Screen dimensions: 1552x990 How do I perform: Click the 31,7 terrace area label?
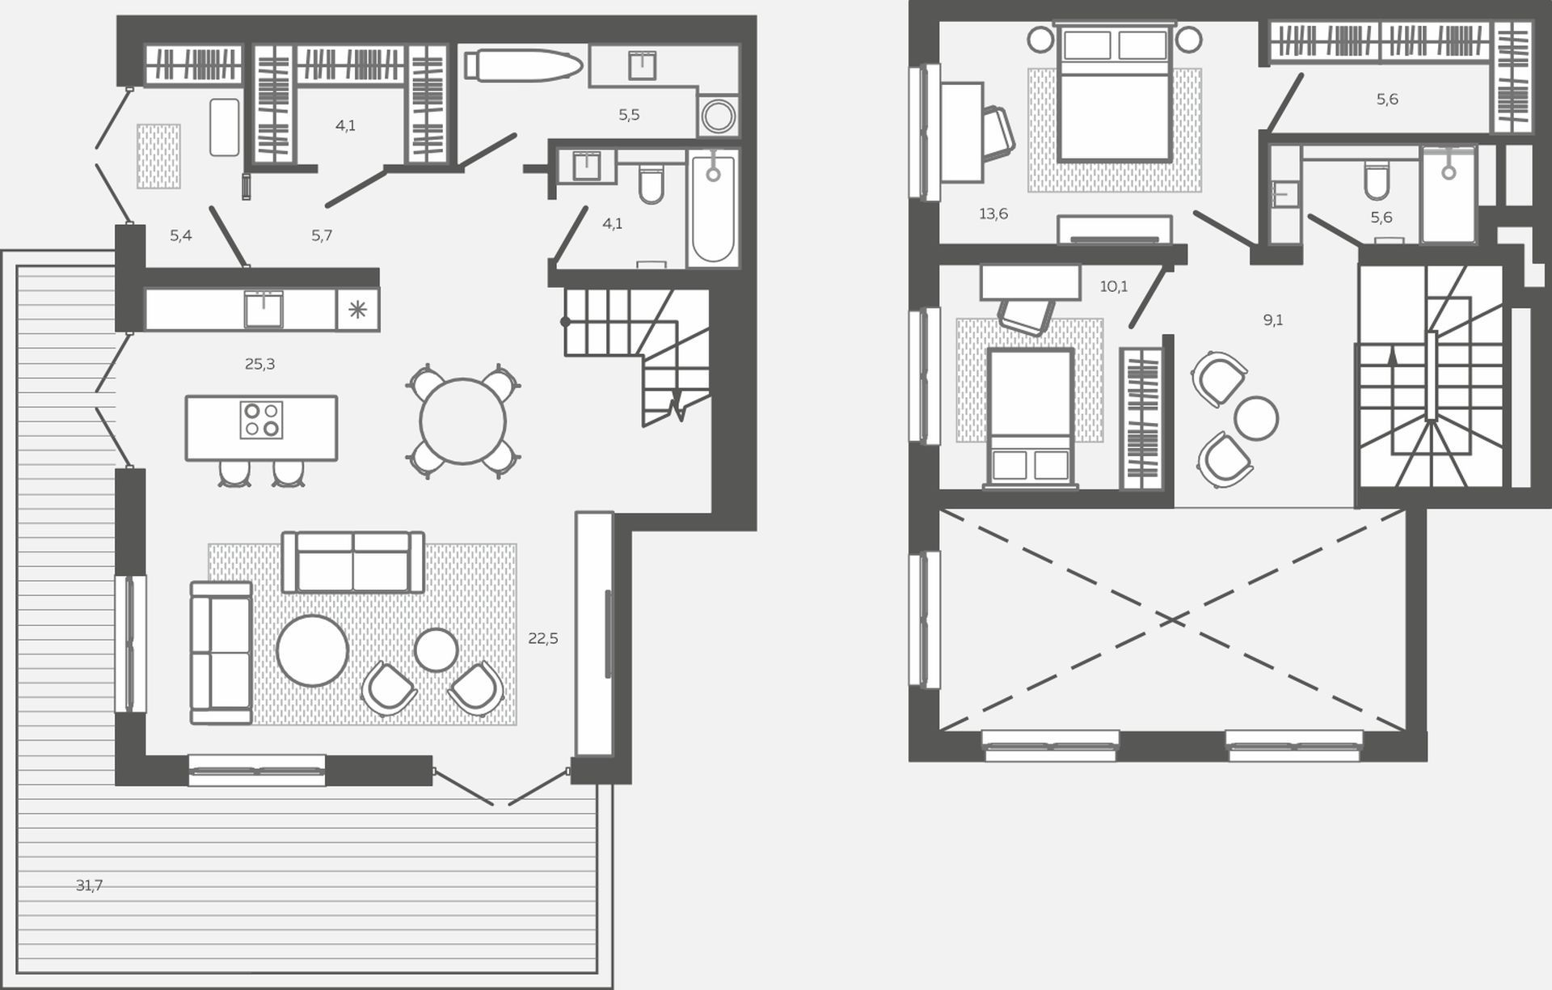(x=89, y=886)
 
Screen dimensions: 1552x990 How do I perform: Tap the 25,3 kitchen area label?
(x=259, y=365)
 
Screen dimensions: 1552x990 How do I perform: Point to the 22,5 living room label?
(x=543, y=638)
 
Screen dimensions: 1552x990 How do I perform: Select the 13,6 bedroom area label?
(x=993, y=214)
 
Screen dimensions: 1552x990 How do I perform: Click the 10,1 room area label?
(x=1114, y=286)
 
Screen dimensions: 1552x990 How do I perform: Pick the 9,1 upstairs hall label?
(x=1273, y=320)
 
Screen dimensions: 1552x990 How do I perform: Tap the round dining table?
(x=463, y=421)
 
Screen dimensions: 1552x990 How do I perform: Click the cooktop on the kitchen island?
(x=261, y=421)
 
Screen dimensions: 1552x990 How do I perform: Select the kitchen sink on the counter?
(x=264, y=308)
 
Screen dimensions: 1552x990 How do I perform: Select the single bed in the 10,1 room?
(x=1031, y=417)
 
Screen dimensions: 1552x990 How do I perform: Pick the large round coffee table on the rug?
(x=312, y=651)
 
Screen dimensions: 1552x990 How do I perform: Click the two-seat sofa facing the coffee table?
(x=353, y=562)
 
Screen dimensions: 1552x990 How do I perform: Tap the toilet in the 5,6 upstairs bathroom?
(x=1377, y=181)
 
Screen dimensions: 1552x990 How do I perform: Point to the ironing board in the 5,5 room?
(x=524, y=66)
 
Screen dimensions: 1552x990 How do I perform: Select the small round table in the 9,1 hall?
(x=1256, y=418)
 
